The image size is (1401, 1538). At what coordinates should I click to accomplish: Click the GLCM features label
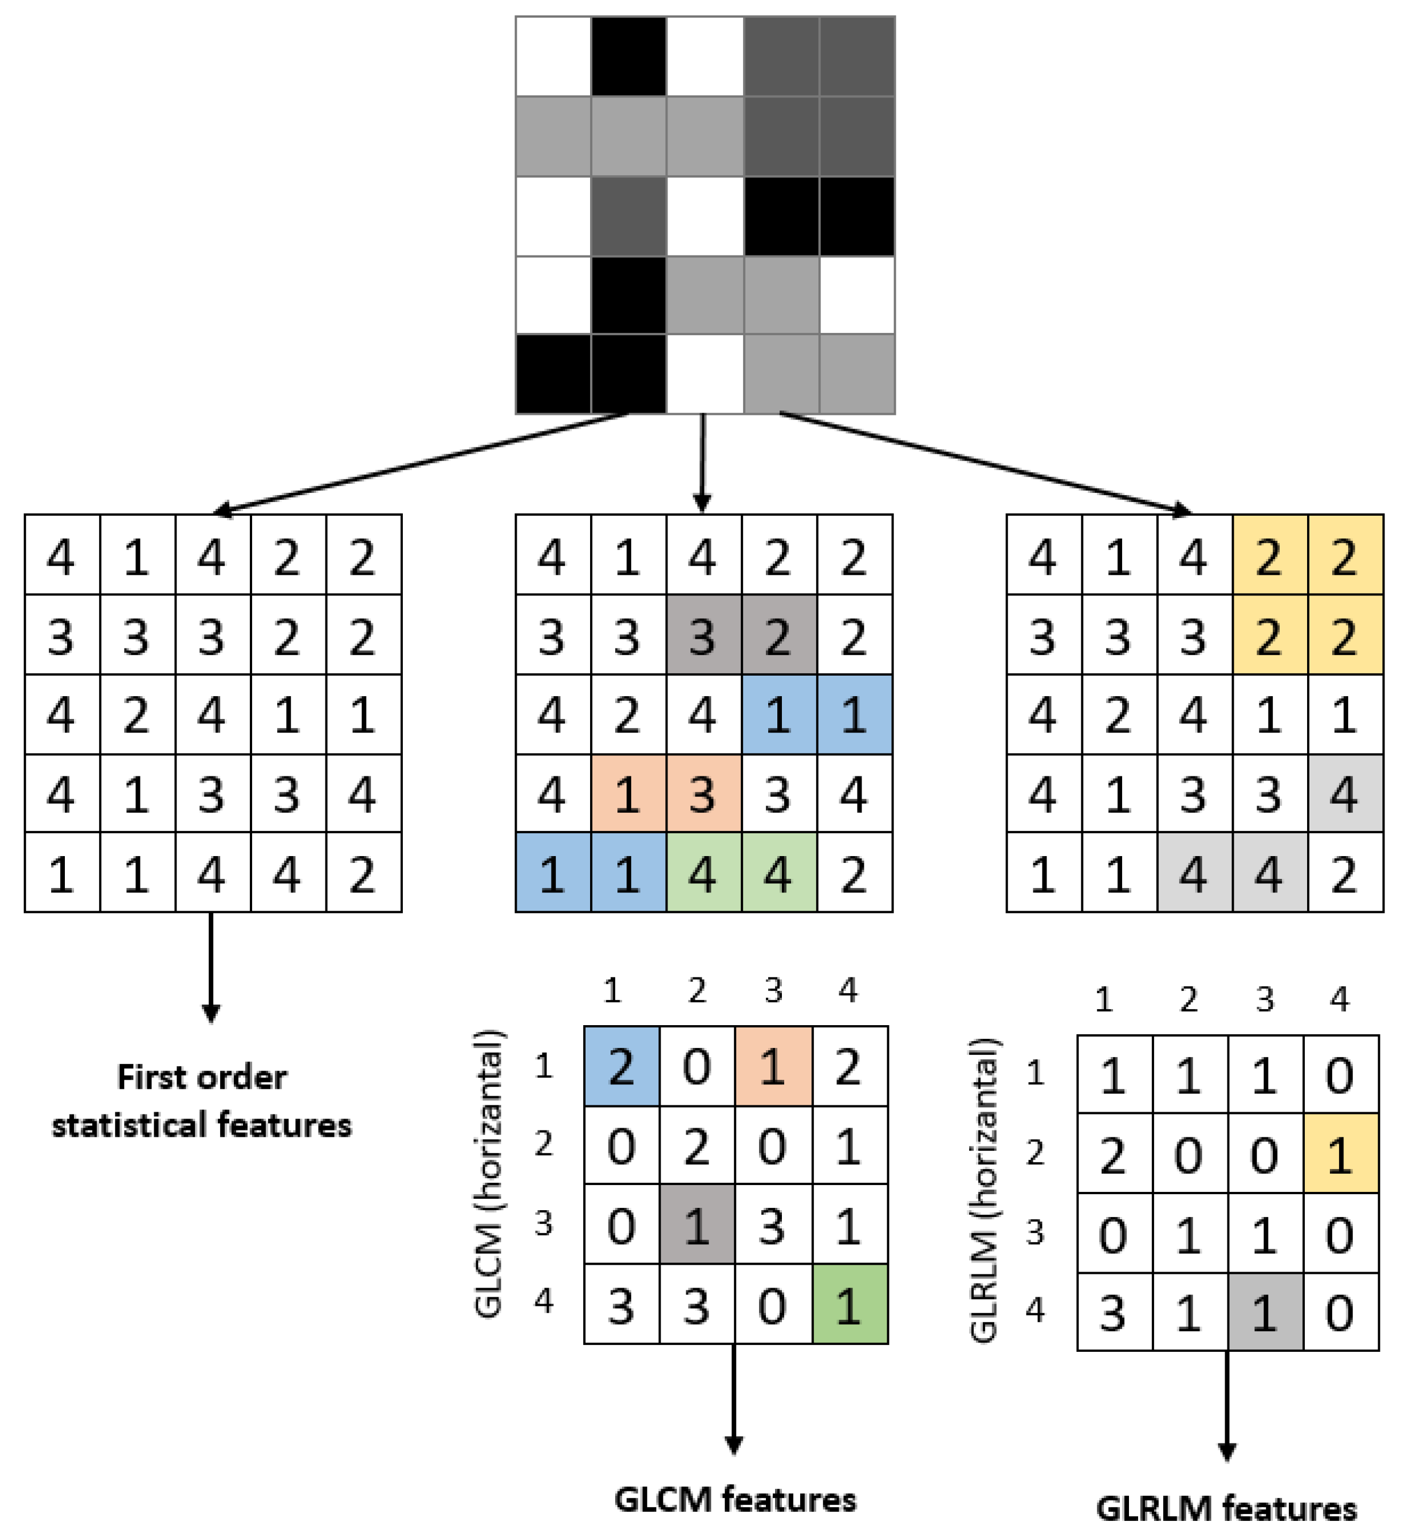tap(735, 1499)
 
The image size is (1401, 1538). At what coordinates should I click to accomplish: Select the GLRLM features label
tap(1226, 1508)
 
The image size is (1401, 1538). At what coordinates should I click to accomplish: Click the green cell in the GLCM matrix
tap(850, 1304)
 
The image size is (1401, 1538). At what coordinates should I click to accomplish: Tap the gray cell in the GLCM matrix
tap(697, 1225)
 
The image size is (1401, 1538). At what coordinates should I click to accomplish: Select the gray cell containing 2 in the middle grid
tap(778, 635)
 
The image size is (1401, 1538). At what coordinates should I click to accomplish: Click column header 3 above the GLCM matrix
tap(773, 990)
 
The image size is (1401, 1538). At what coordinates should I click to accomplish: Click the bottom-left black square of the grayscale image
tap(554, 374)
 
